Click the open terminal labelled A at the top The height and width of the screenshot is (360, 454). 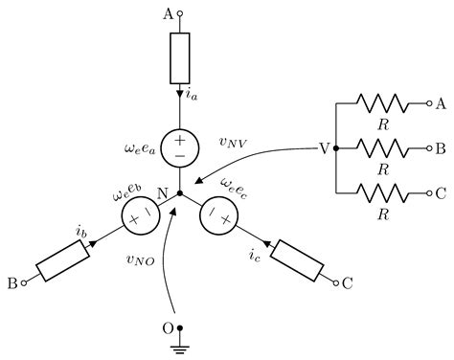(180, 14)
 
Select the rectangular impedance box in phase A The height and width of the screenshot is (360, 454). (180, 57)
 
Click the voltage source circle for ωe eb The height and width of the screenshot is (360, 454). (140, 217)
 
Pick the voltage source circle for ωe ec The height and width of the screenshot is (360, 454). (219, 217)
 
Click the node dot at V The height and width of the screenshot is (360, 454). (337, 148)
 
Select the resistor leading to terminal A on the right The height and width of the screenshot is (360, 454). (382, 102)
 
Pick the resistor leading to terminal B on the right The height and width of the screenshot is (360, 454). (382, 148)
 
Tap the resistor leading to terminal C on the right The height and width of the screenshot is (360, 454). (382, 193)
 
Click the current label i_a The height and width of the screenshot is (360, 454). (193, 95)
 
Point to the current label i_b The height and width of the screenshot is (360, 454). (82, 230)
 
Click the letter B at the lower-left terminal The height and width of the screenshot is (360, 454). (13, 283)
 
